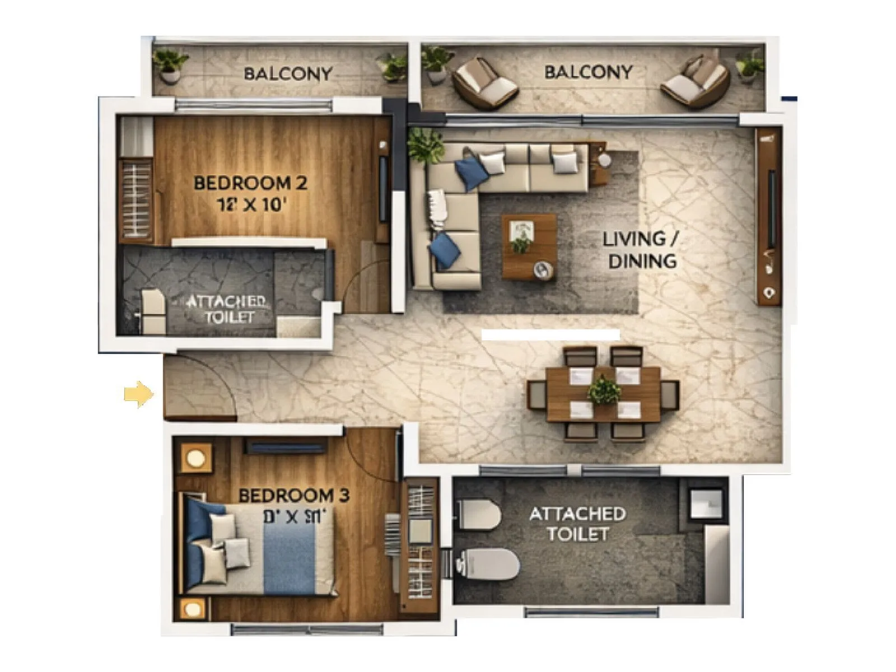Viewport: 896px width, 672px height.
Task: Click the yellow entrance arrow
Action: pos(138,394)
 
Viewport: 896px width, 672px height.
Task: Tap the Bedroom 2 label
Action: pos(250,183)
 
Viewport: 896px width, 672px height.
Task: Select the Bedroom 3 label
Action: pos(293,495)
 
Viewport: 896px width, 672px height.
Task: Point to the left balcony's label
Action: pos(288,73)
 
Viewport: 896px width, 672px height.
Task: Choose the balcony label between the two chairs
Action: pos(588,72)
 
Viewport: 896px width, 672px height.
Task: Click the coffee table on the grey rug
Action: pos(529,245)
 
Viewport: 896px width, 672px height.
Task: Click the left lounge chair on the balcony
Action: pos(484,83)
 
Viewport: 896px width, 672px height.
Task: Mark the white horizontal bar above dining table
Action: pos(550,334)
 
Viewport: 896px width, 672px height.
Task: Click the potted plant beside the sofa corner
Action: pos(426,144)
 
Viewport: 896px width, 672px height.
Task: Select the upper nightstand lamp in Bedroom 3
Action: pos(196,459)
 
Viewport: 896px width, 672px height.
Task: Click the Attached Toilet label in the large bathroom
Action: pos(577,523)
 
